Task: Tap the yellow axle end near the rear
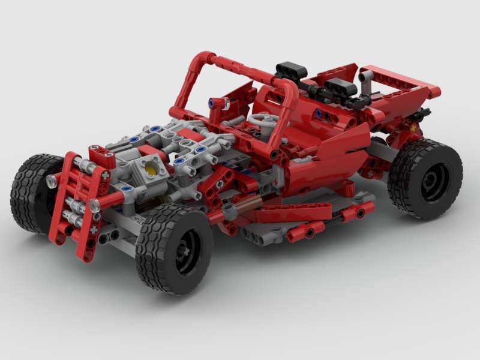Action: [x=413, y=127]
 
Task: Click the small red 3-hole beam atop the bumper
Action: [x=103, y=157]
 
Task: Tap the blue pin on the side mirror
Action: [x=212, y=103]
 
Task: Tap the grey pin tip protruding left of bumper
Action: [x=52, y=181]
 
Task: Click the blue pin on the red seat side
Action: [x=318, y=113]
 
